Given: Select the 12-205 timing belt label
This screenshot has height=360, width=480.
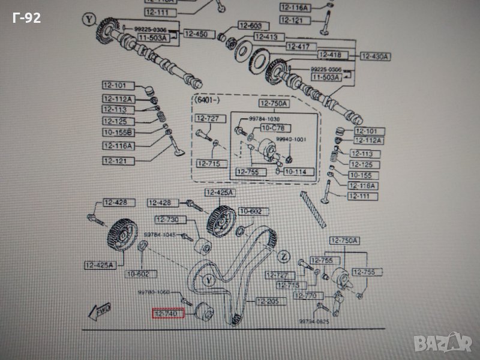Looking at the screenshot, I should pyautogui.click(x=268, y=301).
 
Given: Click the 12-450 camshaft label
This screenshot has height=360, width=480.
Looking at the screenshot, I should pyautogui.click(x=195, y=34).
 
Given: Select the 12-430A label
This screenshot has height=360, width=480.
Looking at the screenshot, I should pyautogui.click(x=375, y=56).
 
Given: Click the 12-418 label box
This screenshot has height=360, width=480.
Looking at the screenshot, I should pyautogui.click(x=329, y=55).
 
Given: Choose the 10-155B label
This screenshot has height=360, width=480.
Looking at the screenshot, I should pyautogui.click(x=117, y=133).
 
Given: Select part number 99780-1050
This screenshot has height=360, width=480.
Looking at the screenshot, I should pyautogui.click(x=154, y=292).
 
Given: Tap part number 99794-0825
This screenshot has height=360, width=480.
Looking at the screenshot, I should pyautogui.click(x=313, y=322).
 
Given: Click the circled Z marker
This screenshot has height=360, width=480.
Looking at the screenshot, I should pyautogui.click(x=284, y=257).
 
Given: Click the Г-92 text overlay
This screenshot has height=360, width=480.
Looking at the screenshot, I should pyautogui.click(x=26, y=19).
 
